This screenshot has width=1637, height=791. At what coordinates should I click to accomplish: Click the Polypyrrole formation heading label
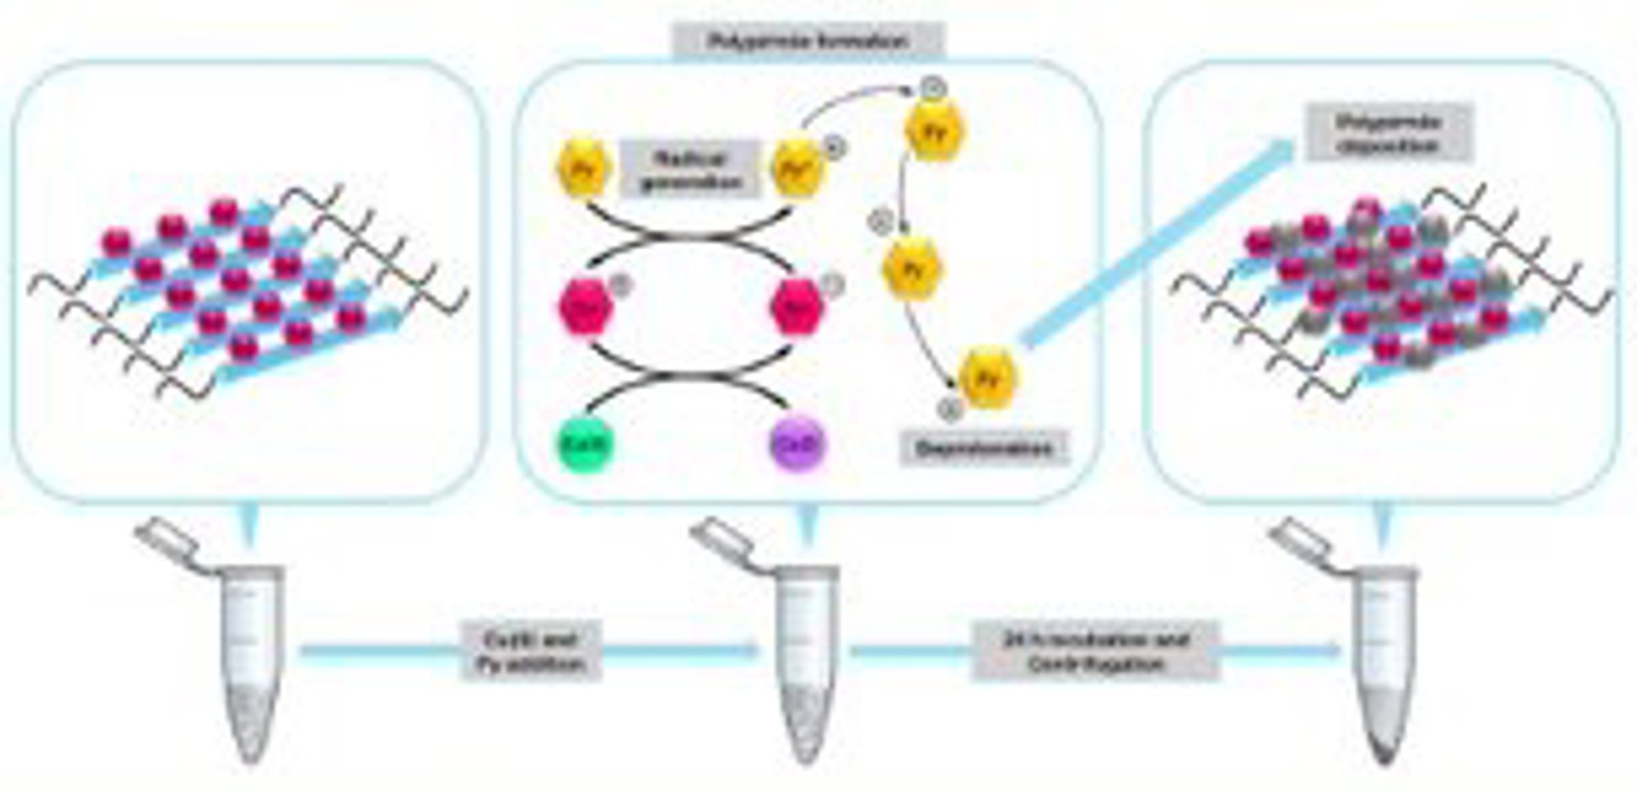pos(808,41)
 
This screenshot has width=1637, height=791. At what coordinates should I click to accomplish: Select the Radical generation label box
pos(690,170)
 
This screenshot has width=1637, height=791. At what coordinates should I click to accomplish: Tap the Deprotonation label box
pos(984,448)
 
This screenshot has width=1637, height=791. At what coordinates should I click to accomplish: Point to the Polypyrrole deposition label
pos(1389,134)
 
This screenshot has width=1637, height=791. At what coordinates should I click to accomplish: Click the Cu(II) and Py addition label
pos(532,651)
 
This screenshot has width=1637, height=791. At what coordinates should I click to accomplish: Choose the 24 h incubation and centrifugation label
pos(1096,651)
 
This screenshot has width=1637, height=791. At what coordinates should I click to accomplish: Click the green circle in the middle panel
pos(586,443)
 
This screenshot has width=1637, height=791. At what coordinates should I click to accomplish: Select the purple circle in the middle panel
pos(799,443)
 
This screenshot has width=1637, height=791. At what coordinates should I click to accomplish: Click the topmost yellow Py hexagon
pos(936,130)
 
